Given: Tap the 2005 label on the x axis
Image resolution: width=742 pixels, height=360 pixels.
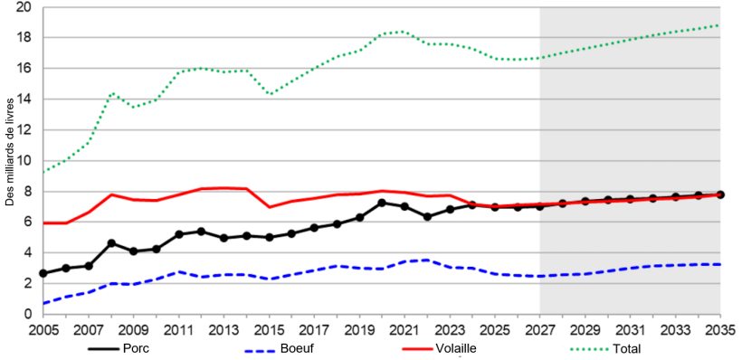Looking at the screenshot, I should [x=43, y=329].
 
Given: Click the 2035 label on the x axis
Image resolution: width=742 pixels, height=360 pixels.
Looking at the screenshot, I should [x=720, y=329].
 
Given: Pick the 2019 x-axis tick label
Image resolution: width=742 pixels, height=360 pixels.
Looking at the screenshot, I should [x=359, y=329].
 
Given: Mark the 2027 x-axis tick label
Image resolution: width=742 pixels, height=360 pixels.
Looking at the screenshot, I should [x=540, y=329].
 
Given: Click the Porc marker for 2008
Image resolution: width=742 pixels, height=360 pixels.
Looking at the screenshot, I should [x=110, y=242].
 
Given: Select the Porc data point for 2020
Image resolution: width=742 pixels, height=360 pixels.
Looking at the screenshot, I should [x=382, y=203].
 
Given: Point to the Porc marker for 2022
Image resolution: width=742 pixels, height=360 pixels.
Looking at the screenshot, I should [x=427, y=216].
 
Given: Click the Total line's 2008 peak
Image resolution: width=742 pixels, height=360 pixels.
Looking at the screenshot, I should [x=111, y=93].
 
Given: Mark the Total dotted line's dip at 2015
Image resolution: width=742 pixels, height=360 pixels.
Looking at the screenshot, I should [x=269, y=94].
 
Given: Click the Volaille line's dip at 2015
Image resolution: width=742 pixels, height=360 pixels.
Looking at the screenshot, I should [x=269, y=207].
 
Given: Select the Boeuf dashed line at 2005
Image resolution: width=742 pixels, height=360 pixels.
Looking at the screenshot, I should [x=43, y=303].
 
